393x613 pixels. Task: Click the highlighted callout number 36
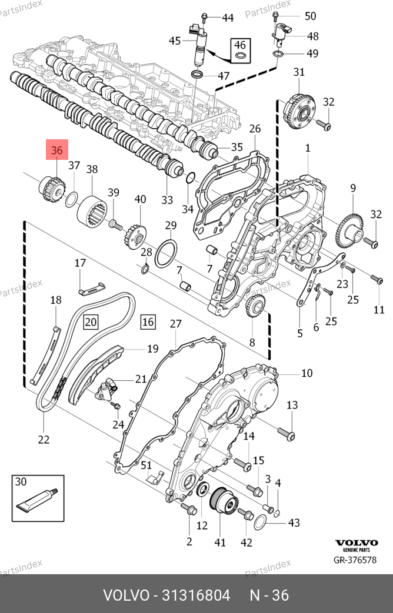point(56,151)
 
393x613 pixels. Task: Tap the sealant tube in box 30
point(37,500)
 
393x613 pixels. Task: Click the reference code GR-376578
point(355,559)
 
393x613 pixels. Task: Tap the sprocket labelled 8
point(255,306)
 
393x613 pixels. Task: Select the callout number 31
point(299,72)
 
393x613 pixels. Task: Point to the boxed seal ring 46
point(240,55)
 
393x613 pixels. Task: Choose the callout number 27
point(176,324)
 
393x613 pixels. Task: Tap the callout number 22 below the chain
point(43,438)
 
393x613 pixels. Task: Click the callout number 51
point(147,465)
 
